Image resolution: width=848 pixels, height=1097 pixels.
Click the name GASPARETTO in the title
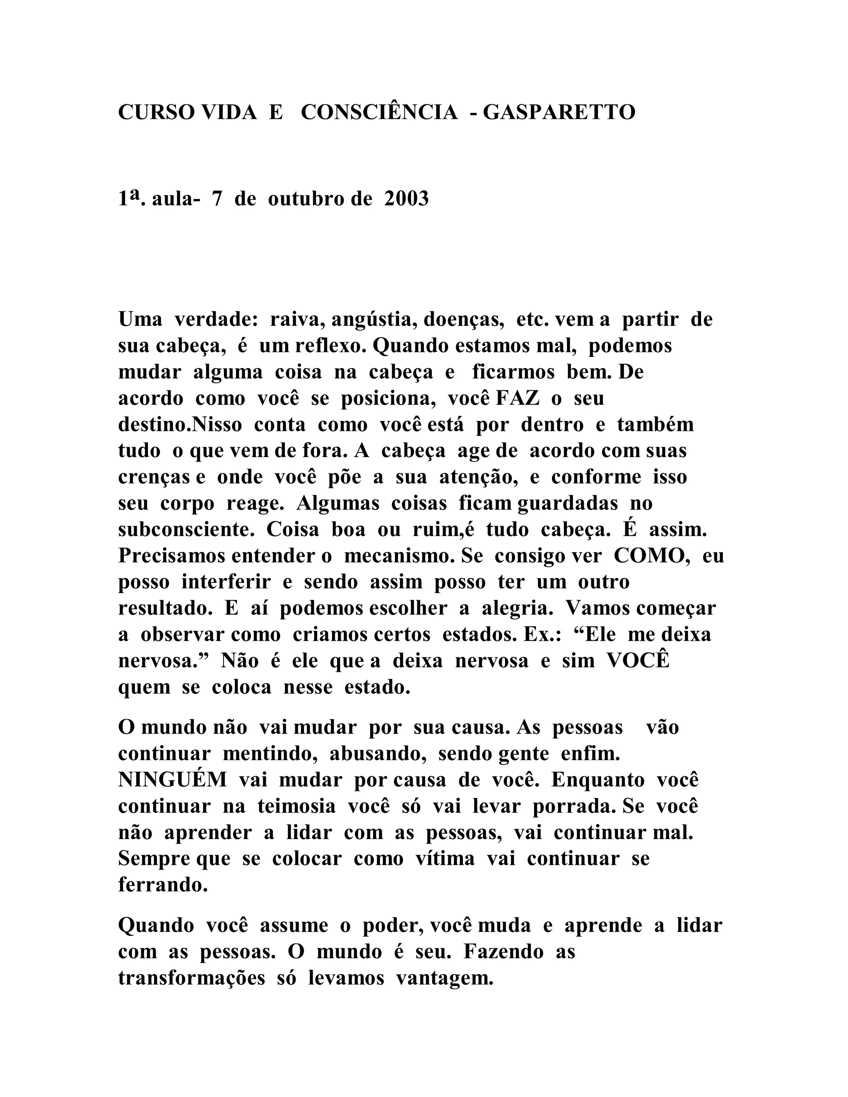[559, 112]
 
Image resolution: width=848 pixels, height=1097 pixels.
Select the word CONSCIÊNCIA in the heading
[379, 112]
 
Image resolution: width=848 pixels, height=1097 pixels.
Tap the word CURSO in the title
[156, 112]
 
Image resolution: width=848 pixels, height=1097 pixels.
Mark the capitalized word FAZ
[518, 398]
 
